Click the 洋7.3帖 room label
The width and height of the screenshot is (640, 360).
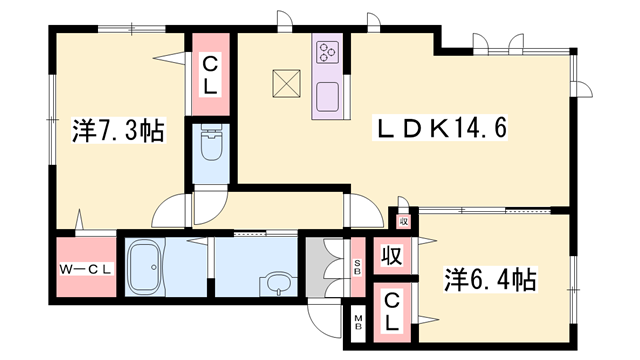[x=118, y=131]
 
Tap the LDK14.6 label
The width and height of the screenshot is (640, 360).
[x=442, y=128]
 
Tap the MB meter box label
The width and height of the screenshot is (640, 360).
[x=357, y=322]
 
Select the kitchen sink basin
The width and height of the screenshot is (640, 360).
[x=329, y=97]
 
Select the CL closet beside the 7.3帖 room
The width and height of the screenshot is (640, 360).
[x=211, y=76]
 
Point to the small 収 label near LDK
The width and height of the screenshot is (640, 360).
[x=403, y=222]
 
